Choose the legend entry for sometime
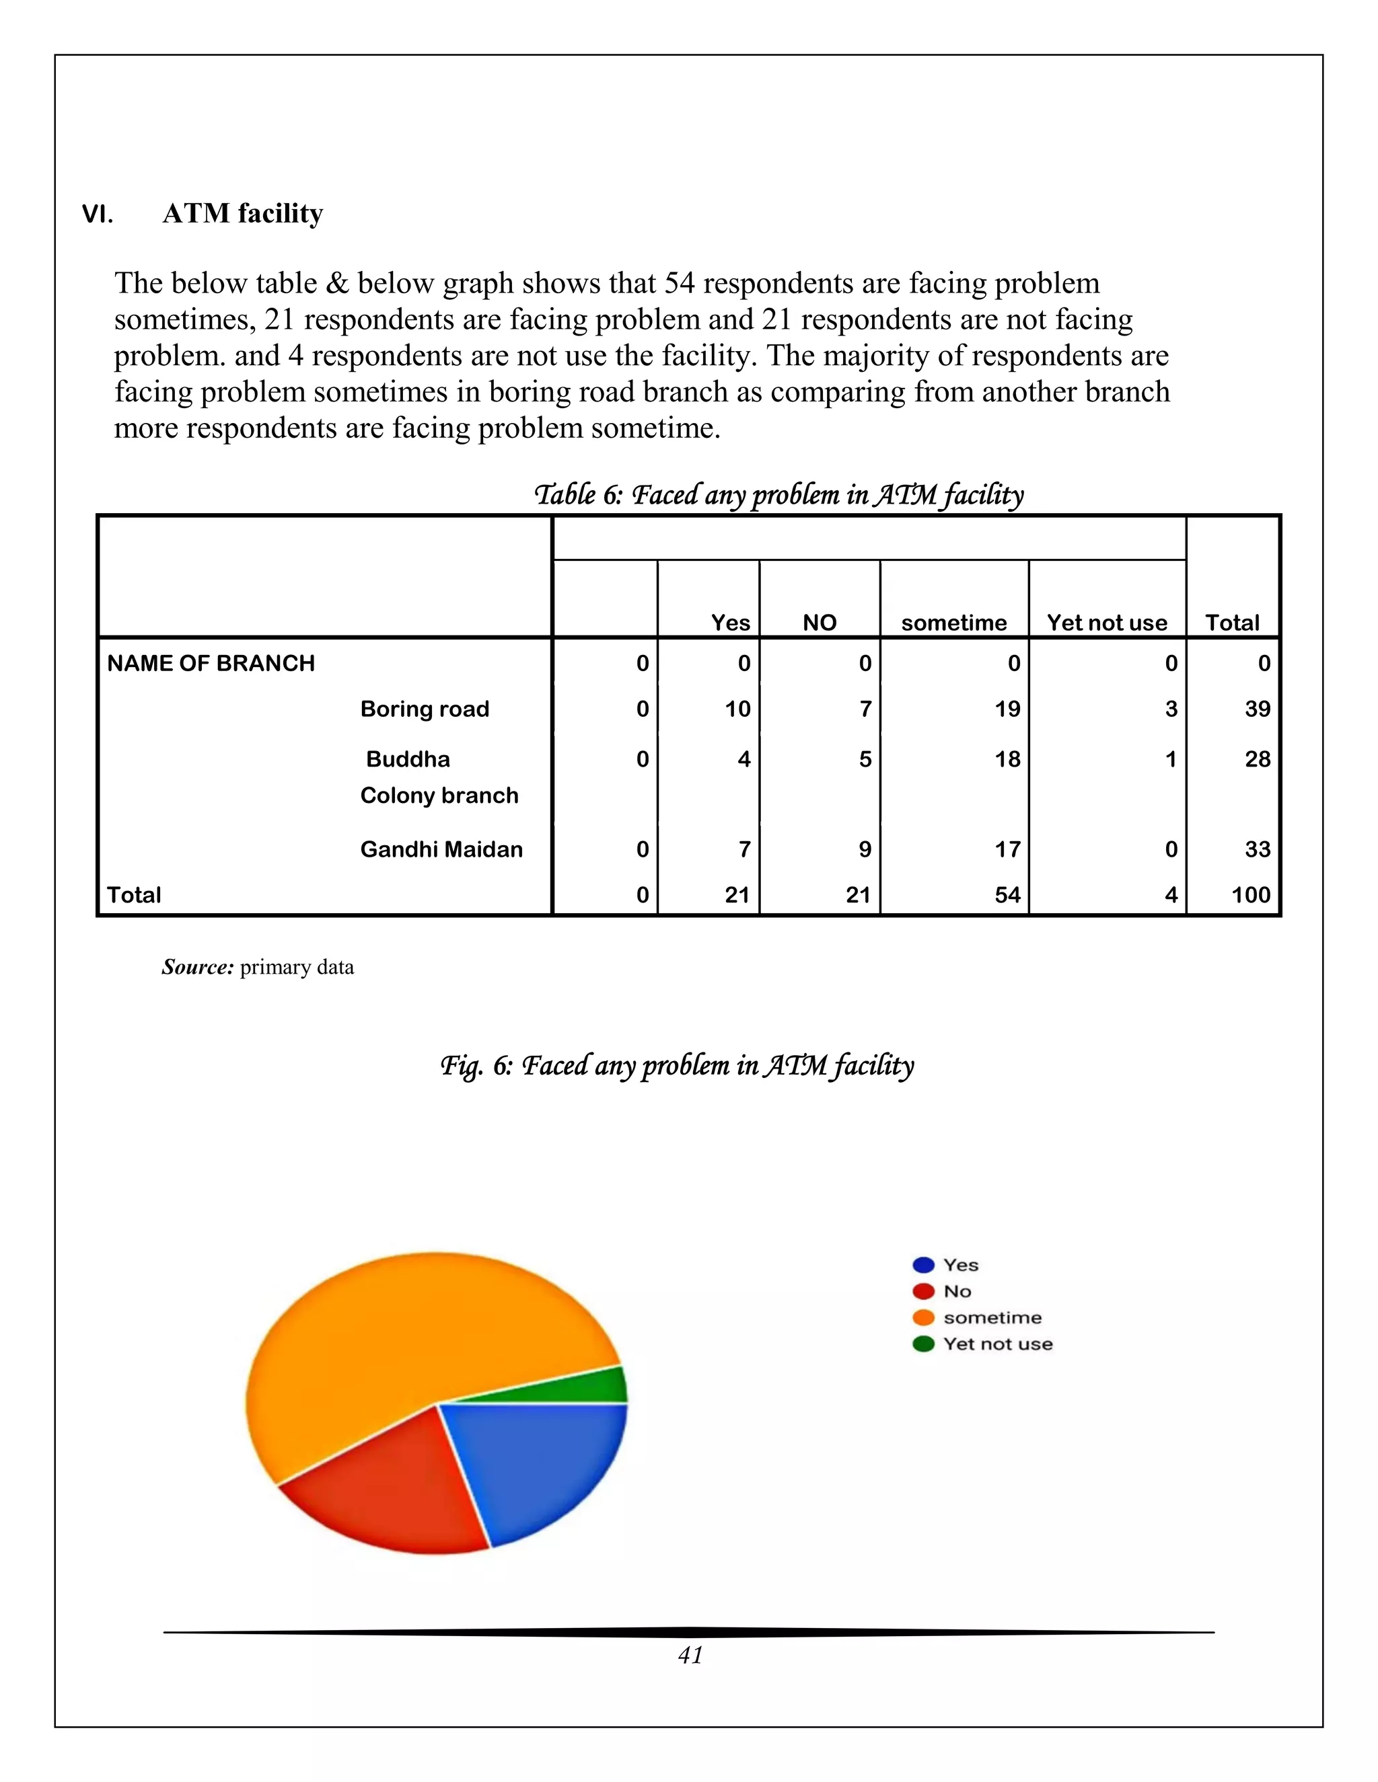click(x=992, y=1318)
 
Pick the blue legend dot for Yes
click(x=923, y=1266)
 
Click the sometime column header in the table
click(x=953, y=623)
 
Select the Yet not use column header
click(x=1106, y=623)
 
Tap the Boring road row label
click(x=425, y=708)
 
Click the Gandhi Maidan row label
click(x=441, y=849)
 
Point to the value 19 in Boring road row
click(x=1007, y=708)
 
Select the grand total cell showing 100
click(x=1250, y=895)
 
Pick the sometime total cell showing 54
click(x=1007, y=895)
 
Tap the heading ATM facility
click(x=242, y=214)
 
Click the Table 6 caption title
click(x=778, y=494)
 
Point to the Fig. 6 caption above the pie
click(x=677, y=1064)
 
